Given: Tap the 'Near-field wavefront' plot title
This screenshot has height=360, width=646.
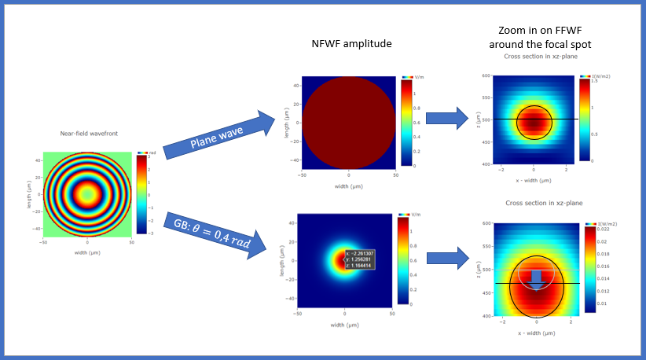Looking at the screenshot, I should click(x=89, y=134).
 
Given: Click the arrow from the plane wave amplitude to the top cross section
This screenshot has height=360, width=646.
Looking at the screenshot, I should click(x=446, y=118).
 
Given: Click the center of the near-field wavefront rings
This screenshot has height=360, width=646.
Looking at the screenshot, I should click(x=87, y=193).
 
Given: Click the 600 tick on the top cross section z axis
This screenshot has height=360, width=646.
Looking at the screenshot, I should click(x=486, y=76).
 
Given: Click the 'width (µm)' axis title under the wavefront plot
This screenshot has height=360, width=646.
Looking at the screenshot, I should click(x=87, y=253).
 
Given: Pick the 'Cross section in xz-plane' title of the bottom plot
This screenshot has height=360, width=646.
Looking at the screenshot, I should click(x=536, y=203).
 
